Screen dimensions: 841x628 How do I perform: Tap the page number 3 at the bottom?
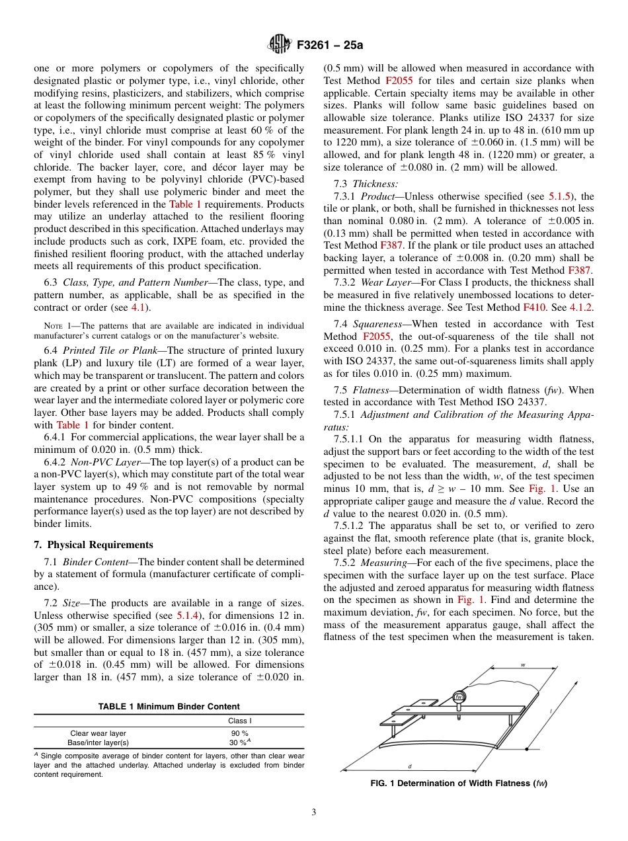(x=313, y=812)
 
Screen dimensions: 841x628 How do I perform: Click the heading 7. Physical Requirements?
(x=93, y=545)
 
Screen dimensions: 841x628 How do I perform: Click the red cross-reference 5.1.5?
(x=561, y=196)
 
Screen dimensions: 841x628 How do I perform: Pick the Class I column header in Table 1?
(x=239, y=721)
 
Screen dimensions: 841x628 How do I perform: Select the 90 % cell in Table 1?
(x=239, y=733)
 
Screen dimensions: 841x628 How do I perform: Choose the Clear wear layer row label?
(x=98, y=733)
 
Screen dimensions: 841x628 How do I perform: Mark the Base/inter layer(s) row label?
(x=99, y=742)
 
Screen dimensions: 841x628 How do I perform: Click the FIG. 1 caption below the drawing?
(x=459, y=783)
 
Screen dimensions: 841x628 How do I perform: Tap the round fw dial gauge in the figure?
(x=458, y=698)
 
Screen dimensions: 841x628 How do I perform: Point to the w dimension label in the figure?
(x=523, y=665)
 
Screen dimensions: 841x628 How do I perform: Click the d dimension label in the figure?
(x=410, y=766)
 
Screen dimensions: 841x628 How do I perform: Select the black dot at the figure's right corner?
(x=526, y=750)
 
